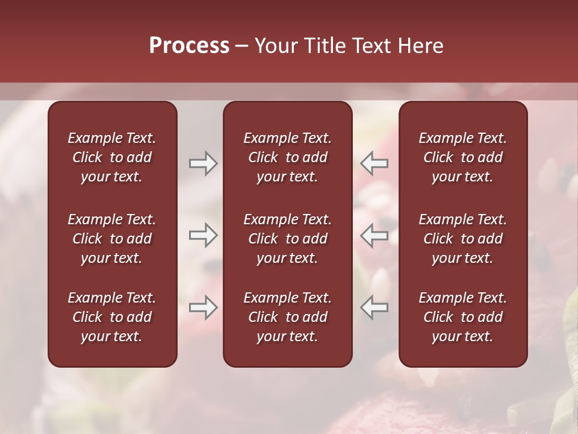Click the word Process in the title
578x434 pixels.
(x=189, y=46)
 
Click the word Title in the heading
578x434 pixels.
(x=323, y=46)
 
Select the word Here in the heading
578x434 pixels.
(x=420, y=46)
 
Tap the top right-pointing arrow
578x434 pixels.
(x=203, y=163)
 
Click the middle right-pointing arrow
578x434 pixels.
(x=203, y=236)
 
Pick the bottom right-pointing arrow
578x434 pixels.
(x=203, y=308)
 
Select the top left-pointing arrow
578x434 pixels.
(x=374, y=163)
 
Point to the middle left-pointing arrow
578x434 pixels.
(x=374, y=236)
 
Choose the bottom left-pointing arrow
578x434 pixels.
(x=374, y=308)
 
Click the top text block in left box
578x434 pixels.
(x=112, y=157)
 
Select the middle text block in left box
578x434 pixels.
(x=112, y=239)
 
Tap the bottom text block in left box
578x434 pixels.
(x=112, y=317)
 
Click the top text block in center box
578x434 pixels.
(x=287, y=157)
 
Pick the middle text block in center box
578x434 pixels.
(x=287, y=239)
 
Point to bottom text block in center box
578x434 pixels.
(x=287, y=317)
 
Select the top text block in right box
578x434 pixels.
(x=462, y=157)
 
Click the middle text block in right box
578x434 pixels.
(x=462, y=239)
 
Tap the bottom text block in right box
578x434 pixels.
(x=462, y=317)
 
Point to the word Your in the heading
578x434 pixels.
(x=276, y=46)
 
